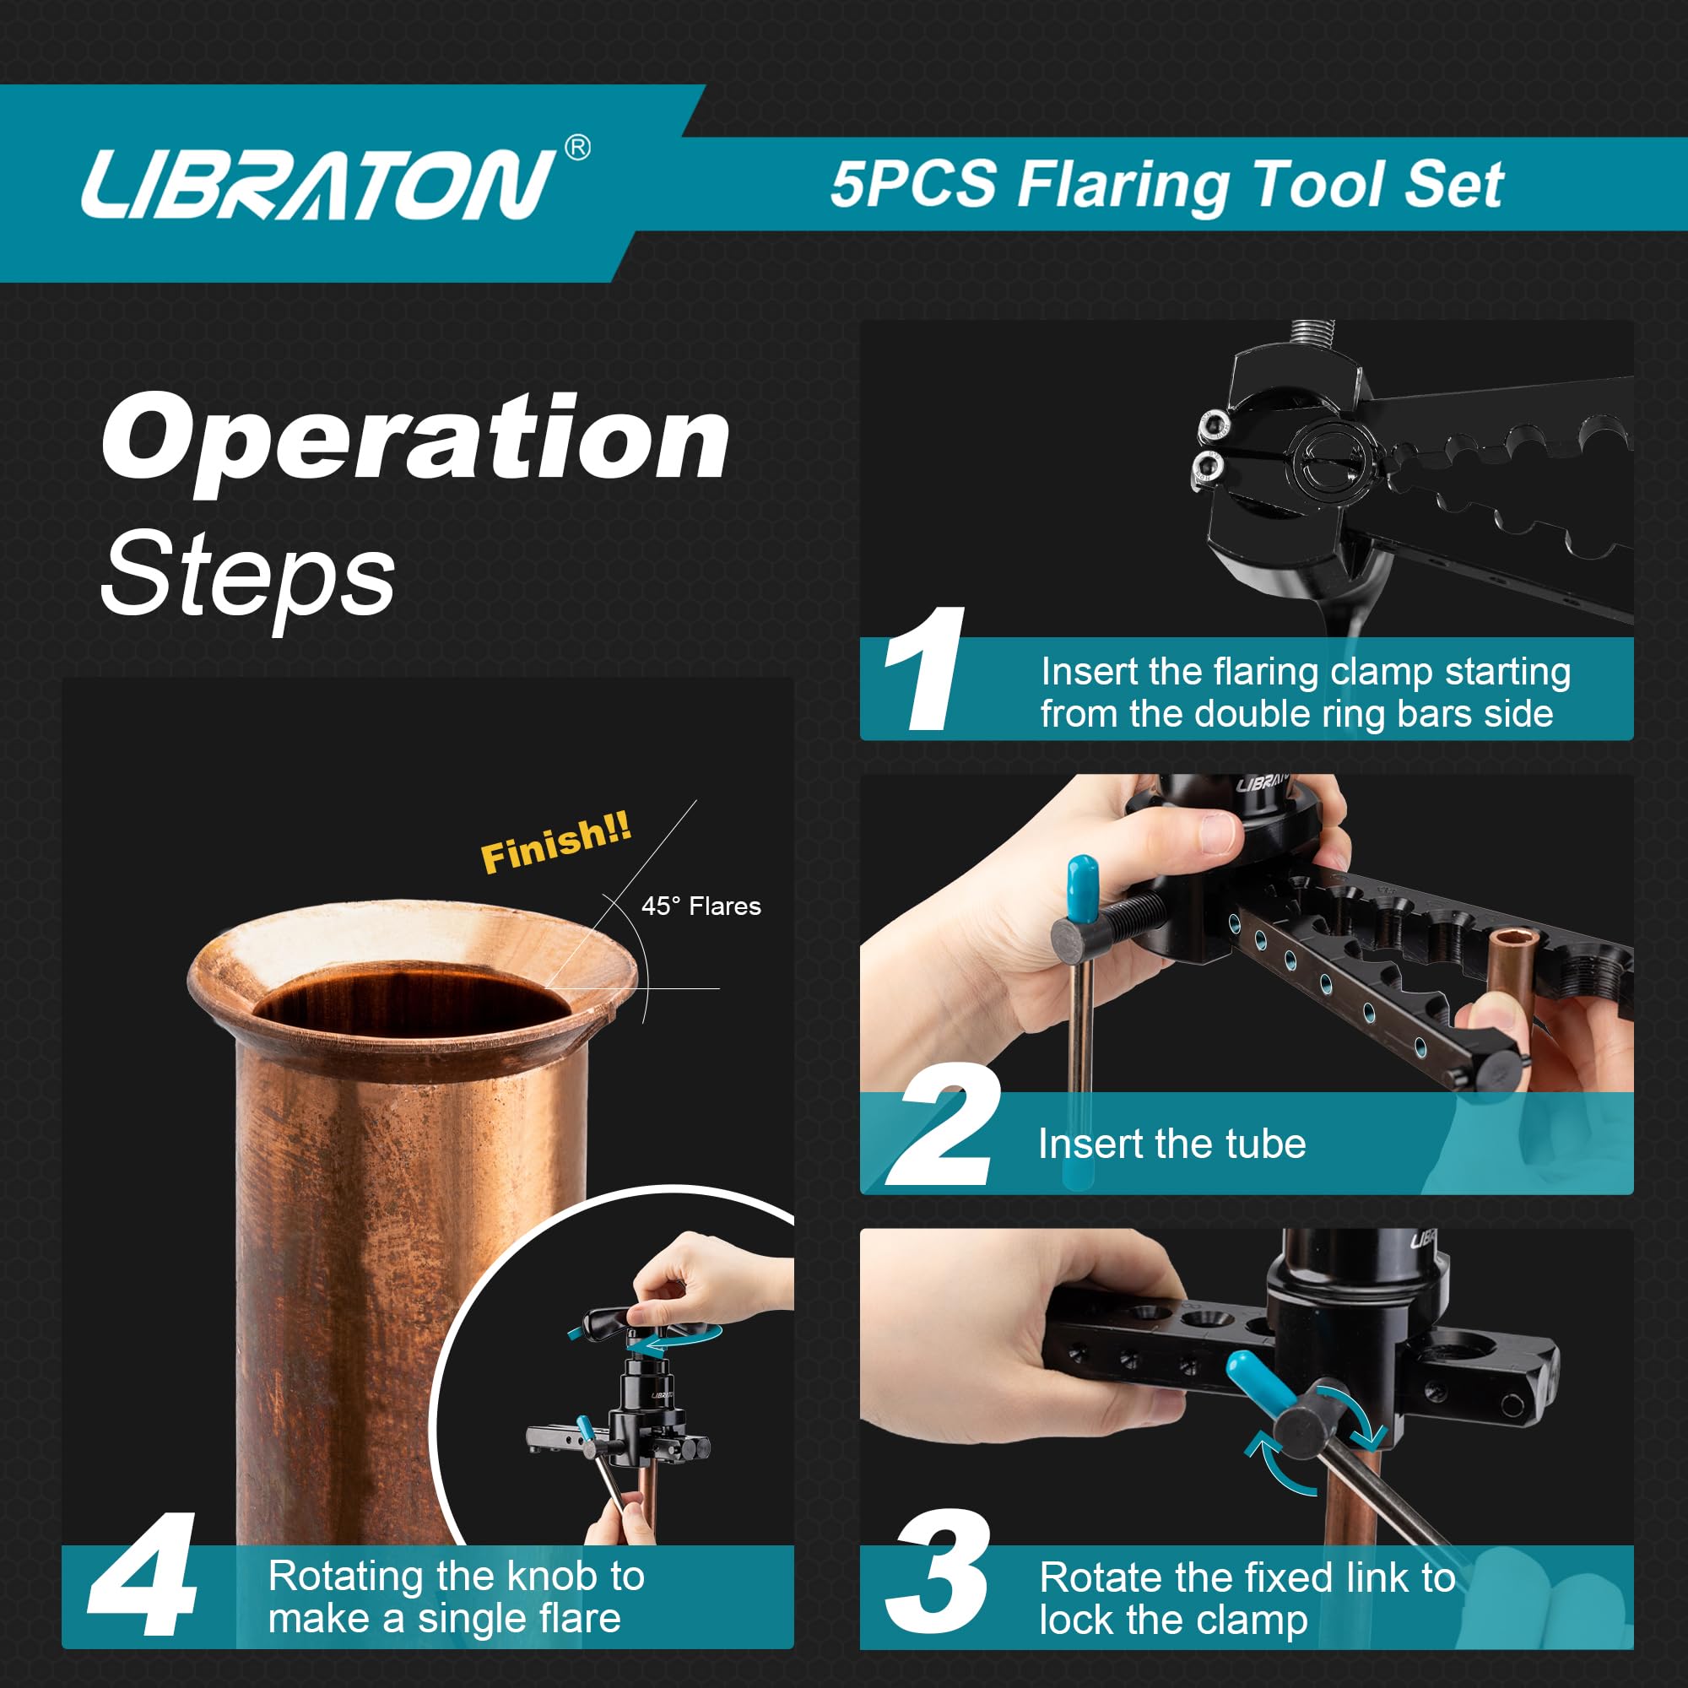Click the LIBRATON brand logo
pos(316,183)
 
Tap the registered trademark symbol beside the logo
pos(577,149)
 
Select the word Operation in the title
pos(415,439)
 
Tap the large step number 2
pos(944,1126)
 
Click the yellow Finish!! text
pos(555,843)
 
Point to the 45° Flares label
pos(701,906)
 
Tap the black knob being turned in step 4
pos(612,1323)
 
